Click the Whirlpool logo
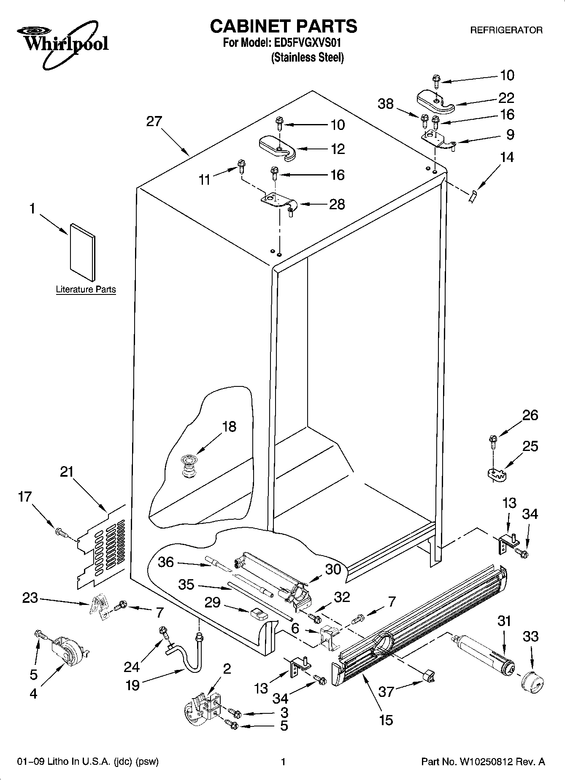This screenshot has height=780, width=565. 63,44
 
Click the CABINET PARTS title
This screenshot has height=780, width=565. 283,26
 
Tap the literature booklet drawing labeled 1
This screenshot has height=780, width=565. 83,252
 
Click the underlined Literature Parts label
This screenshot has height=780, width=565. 86,289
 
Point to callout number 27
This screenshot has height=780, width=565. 154,122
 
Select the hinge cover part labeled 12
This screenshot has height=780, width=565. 277,147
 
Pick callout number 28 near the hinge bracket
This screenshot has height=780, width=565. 337,204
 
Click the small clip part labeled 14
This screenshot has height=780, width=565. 473,196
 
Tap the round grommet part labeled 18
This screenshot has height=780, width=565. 189,465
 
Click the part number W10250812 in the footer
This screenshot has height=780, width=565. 489,762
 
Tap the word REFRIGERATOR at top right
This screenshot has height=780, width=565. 506,30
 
